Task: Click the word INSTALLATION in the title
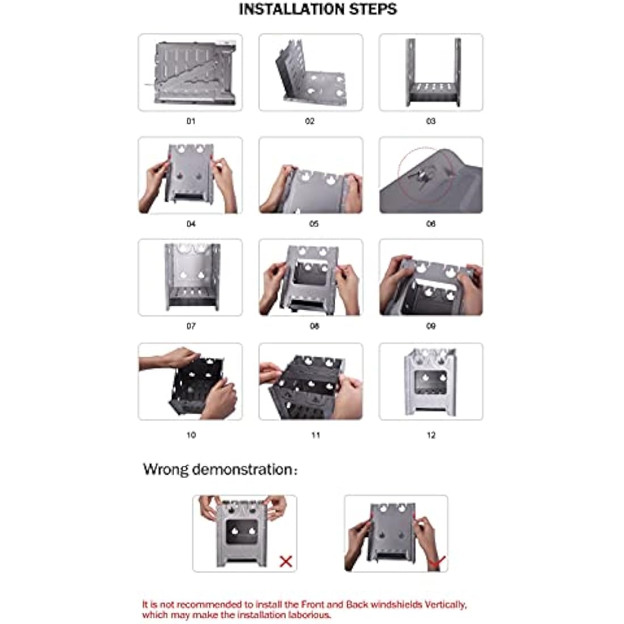[292, 9]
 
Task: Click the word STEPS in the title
[373, 9]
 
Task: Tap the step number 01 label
[191, 121]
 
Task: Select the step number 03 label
[431, 121]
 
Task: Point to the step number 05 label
[314, 224]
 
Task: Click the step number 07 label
[191, 326]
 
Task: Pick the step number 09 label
[431, 326]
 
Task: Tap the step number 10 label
[191, 435]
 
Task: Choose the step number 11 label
[315, 435]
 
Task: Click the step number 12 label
[431, 435]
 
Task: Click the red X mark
[286, 562]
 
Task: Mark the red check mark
[436, 563]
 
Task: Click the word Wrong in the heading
[166, 470]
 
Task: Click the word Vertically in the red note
[445, 605]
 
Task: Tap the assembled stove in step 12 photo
[430, 382]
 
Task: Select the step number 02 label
[310, 121]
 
